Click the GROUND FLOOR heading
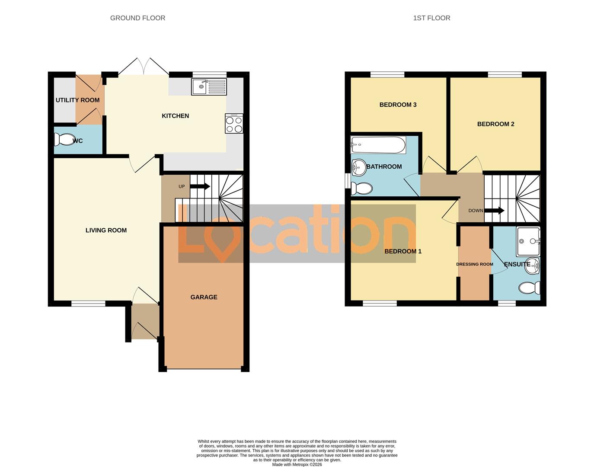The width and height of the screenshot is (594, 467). (x=137, y=18)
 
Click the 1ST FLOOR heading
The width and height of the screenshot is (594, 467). (x=431, y=18)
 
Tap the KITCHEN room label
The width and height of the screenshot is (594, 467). (x=175, y=116)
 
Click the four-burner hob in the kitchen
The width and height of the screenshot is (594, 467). (x=234, y=123)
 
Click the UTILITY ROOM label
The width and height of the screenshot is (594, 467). (x=77, y=100)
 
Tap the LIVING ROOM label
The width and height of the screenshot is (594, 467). (x=106, y=230)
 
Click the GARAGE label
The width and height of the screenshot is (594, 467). (x=204, y=297)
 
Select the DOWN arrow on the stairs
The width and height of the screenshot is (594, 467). (x=494, y=211)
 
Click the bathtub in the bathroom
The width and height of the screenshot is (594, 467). (x=378, y=145)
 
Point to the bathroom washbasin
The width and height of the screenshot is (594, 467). (x=358, y=167)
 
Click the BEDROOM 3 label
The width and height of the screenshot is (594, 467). (x=398, y=105)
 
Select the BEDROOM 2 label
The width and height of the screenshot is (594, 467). (x=495, y=124)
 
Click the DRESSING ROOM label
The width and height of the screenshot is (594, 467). (x=474, y=264)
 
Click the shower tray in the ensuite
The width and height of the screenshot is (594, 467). (x=528, y=241)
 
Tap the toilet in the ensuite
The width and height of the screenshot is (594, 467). (x=530, y=288)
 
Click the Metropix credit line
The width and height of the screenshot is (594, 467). (x=297, y=465)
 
